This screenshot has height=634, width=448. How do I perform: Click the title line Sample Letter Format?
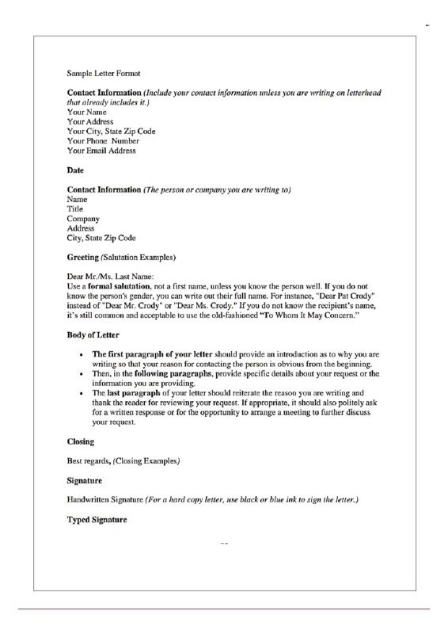104,73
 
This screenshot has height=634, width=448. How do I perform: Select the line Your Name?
87,112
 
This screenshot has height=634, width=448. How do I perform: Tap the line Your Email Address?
101,150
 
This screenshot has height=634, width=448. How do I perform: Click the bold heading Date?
75,170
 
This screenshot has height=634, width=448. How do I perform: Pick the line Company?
83,218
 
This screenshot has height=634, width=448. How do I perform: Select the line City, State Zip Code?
101,237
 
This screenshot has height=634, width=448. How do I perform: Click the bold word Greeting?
83,257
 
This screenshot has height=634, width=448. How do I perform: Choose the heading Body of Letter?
93,334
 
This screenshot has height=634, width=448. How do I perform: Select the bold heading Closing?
81,441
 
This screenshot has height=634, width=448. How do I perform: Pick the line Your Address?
91,121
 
